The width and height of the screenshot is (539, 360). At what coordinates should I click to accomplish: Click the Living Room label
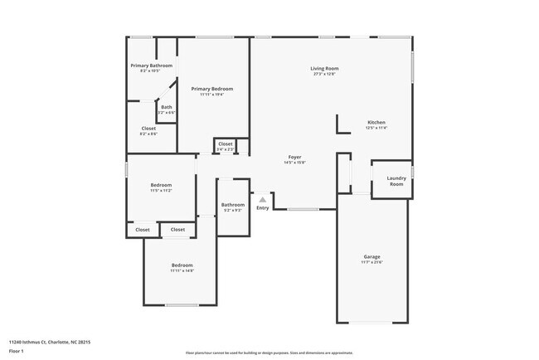324,68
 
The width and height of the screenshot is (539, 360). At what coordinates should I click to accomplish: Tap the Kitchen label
376,122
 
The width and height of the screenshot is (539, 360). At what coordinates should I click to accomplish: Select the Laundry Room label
396,180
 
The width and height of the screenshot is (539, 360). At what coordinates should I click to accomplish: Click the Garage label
371,256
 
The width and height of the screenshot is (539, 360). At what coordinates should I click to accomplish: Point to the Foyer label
294,157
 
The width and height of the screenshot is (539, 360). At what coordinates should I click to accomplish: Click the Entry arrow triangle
262,199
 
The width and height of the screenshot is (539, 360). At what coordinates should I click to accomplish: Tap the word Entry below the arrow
262,207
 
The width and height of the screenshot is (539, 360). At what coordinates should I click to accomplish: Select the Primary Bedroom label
211,89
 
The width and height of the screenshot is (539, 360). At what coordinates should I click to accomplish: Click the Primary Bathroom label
151,66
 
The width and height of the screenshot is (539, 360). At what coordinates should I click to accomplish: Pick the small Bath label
167,106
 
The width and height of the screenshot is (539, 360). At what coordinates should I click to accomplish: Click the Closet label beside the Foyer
226,144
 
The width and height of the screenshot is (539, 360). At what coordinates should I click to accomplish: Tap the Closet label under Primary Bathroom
148,129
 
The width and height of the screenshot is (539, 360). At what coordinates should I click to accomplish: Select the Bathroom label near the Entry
232,205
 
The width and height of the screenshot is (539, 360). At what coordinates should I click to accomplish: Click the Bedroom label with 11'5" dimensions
161,185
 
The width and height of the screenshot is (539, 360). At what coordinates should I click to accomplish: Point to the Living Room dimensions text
324,74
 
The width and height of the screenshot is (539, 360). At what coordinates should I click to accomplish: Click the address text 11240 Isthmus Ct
49,342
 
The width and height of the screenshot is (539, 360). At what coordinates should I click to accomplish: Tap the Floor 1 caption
17,352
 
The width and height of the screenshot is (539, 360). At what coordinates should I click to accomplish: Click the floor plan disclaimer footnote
269,353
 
